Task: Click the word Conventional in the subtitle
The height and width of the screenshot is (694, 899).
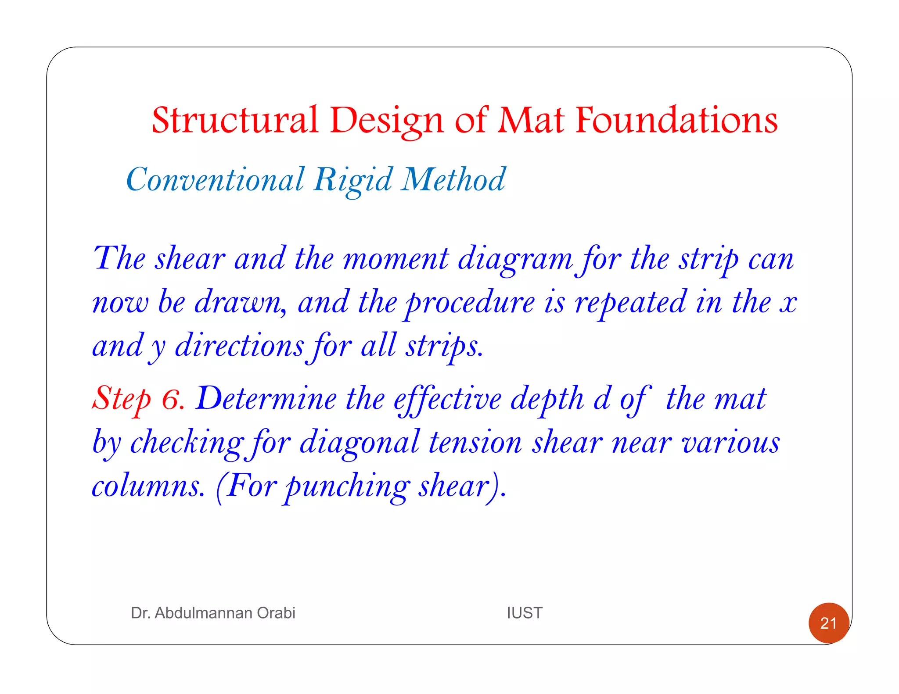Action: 215,179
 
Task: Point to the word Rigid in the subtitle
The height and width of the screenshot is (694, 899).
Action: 353,179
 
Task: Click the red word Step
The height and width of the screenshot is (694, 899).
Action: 121,398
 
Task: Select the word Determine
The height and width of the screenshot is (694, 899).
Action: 266,398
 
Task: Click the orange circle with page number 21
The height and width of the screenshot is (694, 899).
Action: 828,623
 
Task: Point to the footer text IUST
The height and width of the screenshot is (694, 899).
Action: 525,613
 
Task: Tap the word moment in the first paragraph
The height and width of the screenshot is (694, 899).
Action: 396,258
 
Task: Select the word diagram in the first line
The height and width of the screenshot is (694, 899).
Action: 515,258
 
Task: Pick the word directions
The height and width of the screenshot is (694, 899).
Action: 239,346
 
